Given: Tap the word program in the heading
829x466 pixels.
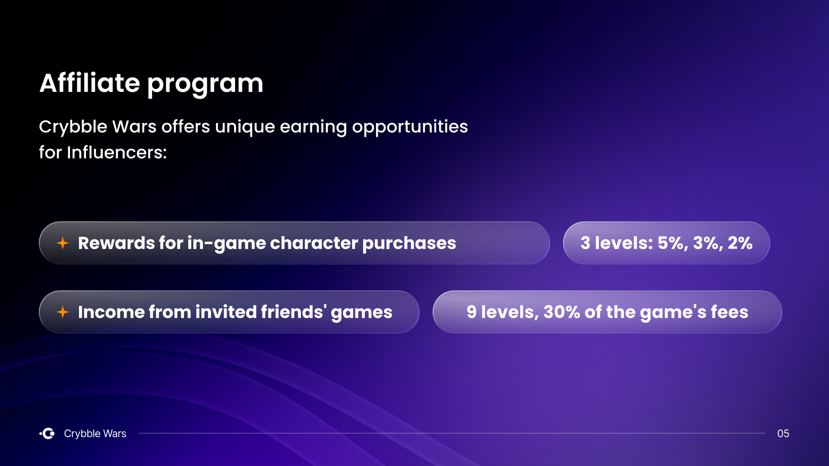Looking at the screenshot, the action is (x=205, y=85).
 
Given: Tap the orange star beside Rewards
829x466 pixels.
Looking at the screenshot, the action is (x=63, y=243).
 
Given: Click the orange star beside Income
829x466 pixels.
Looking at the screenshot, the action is (x=63, y=312).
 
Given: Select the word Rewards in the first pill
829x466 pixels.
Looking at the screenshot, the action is (x=116, y=243).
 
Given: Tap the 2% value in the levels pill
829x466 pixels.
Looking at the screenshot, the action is (x=740, y=243).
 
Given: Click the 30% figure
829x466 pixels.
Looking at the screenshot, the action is (x=562, y=312).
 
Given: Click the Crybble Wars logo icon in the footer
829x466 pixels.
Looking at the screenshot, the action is (x=47, y=433).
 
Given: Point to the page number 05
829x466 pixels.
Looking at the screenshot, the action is (x=783, y=433).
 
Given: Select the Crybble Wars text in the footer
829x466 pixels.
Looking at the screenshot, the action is (x=95, y=434).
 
